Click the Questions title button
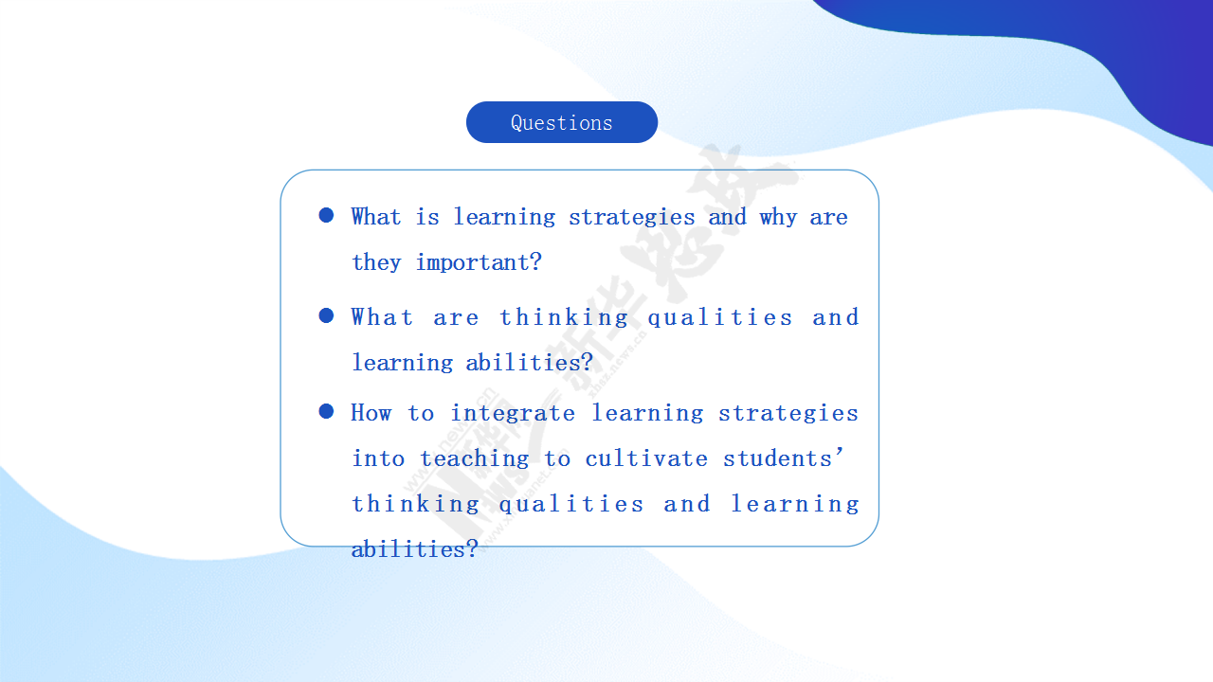(x=562, y=122)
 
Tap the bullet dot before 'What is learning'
(x=326, y=215)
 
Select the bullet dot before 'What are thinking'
(x=326, y=315)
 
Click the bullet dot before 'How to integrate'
(x=326, y=411)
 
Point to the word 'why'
(x=778, y=218)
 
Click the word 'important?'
(x=479, y=262)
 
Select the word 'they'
(x=376, y=262)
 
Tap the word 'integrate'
(x=513, y=413)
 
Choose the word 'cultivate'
(x=646, y=458)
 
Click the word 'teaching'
(x=475, y=459)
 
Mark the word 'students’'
(x=784, y=458)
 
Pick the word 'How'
(x=371, y=413)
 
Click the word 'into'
(x=378, y=459)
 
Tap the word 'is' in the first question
(x=427, y=217)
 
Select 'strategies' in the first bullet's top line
(x=631, y=218)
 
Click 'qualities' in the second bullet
(x=720, y=317)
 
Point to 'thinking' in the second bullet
(x=564, y=317)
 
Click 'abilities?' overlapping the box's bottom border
(x=415, y=549)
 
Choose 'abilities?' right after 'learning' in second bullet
(x=529, y=363)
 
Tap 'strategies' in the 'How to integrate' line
(x=788, y=414)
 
